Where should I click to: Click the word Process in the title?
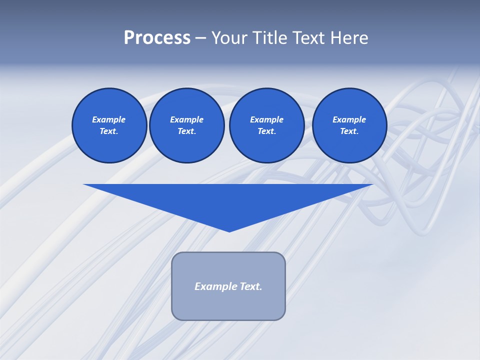tap(157, 38)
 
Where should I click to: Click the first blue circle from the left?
tap(109, 125)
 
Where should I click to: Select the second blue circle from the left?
tap(187, 125)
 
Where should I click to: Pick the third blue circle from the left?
tap(267, 125)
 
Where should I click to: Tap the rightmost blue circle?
tap(349, 125)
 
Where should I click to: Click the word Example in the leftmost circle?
tap(109, 119)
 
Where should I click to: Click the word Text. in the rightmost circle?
tap(349, 131)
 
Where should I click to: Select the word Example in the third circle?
tap(267, 119)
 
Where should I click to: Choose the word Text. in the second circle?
tap(187, 131)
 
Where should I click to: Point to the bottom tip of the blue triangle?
tap(229, 231)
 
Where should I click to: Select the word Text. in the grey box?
tap(251, 286)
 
